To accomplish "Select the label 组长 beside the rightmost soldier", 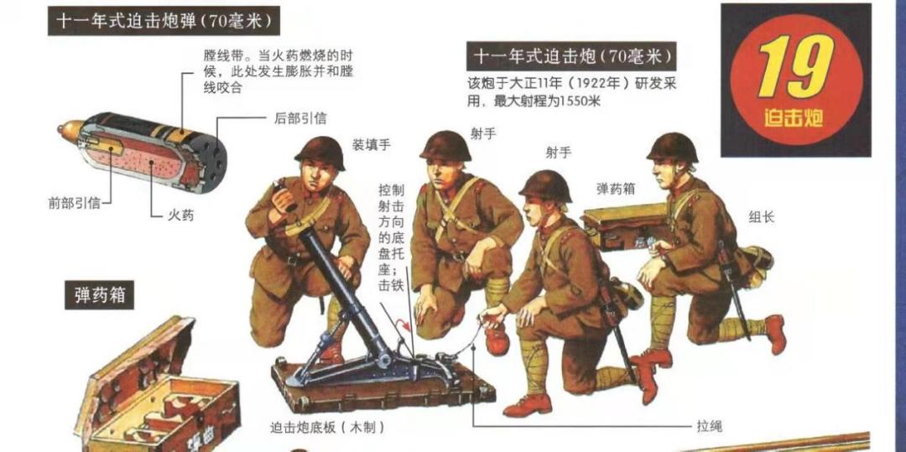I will [762, 217].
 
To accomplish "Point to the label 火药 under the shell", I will [181, 216].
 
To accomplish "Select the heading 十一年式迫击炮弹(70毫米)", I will [164, 22].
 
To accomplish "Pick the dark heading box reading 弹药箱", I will [99, 296].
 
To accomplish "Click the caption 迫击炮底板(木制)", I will [327, 427].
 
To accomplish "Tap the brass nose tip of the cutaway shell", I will [64, 132].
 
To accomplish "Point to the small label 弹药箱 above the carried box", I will [615, 190].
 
